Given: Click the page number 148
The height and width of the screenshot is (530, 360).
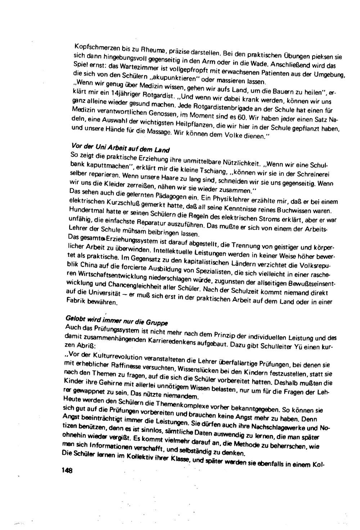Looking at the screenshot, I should click(67, 470).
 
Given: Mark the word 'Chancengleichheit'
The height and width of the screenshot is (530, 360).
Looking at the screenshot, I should click(124, 286).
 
